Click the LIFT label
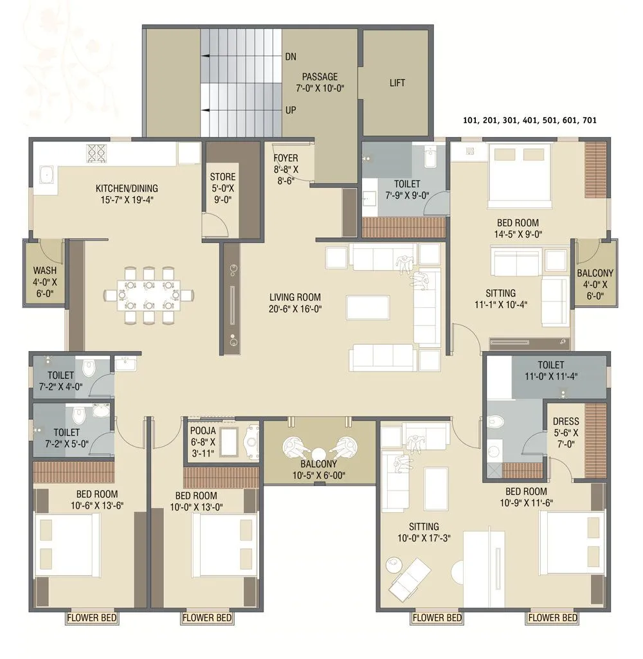[397, 83]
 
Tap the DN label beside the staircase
[291, 57]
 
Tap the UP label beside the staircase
[291, 110]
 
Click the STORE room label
[222, 176]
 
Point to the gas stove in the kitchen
[96, 152]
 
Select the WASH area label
[44, 271]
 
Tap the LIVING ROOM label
[294, 297]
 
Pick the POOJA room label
[203, 431]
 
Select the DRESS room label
[565, 422]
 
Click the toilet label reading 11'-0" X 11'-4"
[551, 377]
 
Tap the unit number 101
[472, 120]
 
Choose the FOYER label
[285, 158]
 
